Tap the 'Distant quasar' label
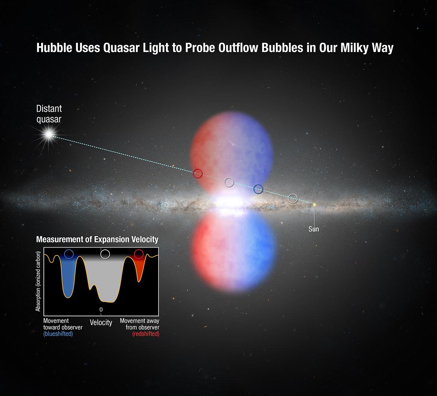(x=49, y=113)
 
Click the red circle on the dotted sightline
(x=198, y=174)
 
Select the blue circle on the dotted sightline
(x=258, y=189)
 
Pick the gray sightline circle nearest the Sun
(x=293, y=198)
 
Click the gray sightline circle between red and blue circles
(x=229, y=182)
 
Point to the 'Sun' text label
(x=314, y=229)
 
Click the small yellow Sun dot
(x=314, y=204)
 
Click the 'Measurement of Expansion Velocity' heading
(x=97, y=239)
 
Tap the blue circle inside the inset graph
(x=69, y=254)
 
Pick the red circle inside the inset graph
(x=139, y=254)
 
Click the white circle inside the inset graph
(x=105, y=254)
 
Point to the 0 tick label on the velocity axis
(x=101, y=309)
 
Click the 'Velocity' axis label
(x=101, y=322)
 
